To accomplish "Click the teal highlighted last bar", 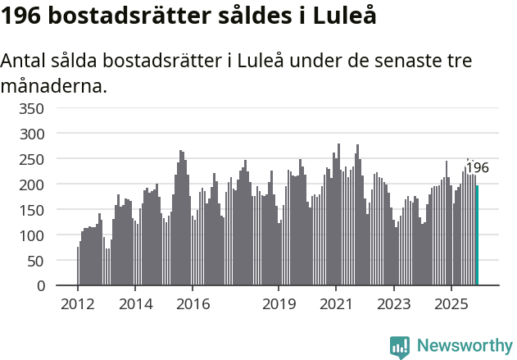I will point(477,235).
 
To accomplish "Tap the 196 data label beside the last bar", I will point(477,168).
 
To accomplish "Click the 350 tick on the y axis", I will point(30,107).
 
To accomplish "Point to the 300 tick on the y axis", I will point(30,133).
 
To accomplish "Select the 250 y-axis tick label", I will point(30,158).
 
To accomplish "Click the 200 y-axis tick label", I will point(30,185).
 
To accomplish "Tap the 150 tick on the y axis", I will point(30,210).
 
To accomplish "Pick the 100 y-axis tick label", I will point(30,235).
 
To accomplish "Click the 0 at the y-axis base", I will point(39,286).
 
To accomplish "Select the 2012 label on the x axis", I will point(78,304).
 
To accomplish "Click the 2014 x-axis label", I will point(135,304).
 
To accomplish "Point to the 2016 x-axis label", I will point(193,304).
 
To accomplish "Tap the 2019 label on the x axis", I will point(279,304).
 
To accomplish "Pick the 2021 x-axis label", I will point(336,304).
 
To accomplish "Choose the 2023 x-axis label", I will point(393,304).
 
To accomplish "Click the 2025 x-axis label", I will point(451,304).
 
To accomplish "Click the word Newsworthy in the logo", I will point(464,346).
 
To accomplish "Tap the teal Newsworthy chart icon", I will point(400,347).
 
